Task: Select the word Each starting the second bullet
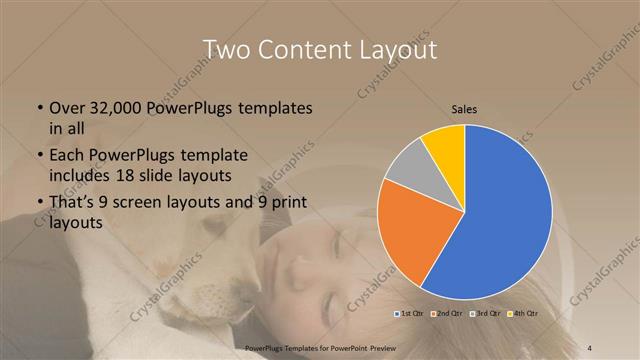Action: (x=67, y=156)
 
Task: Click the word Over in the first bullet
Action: (x=67, y=108)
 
